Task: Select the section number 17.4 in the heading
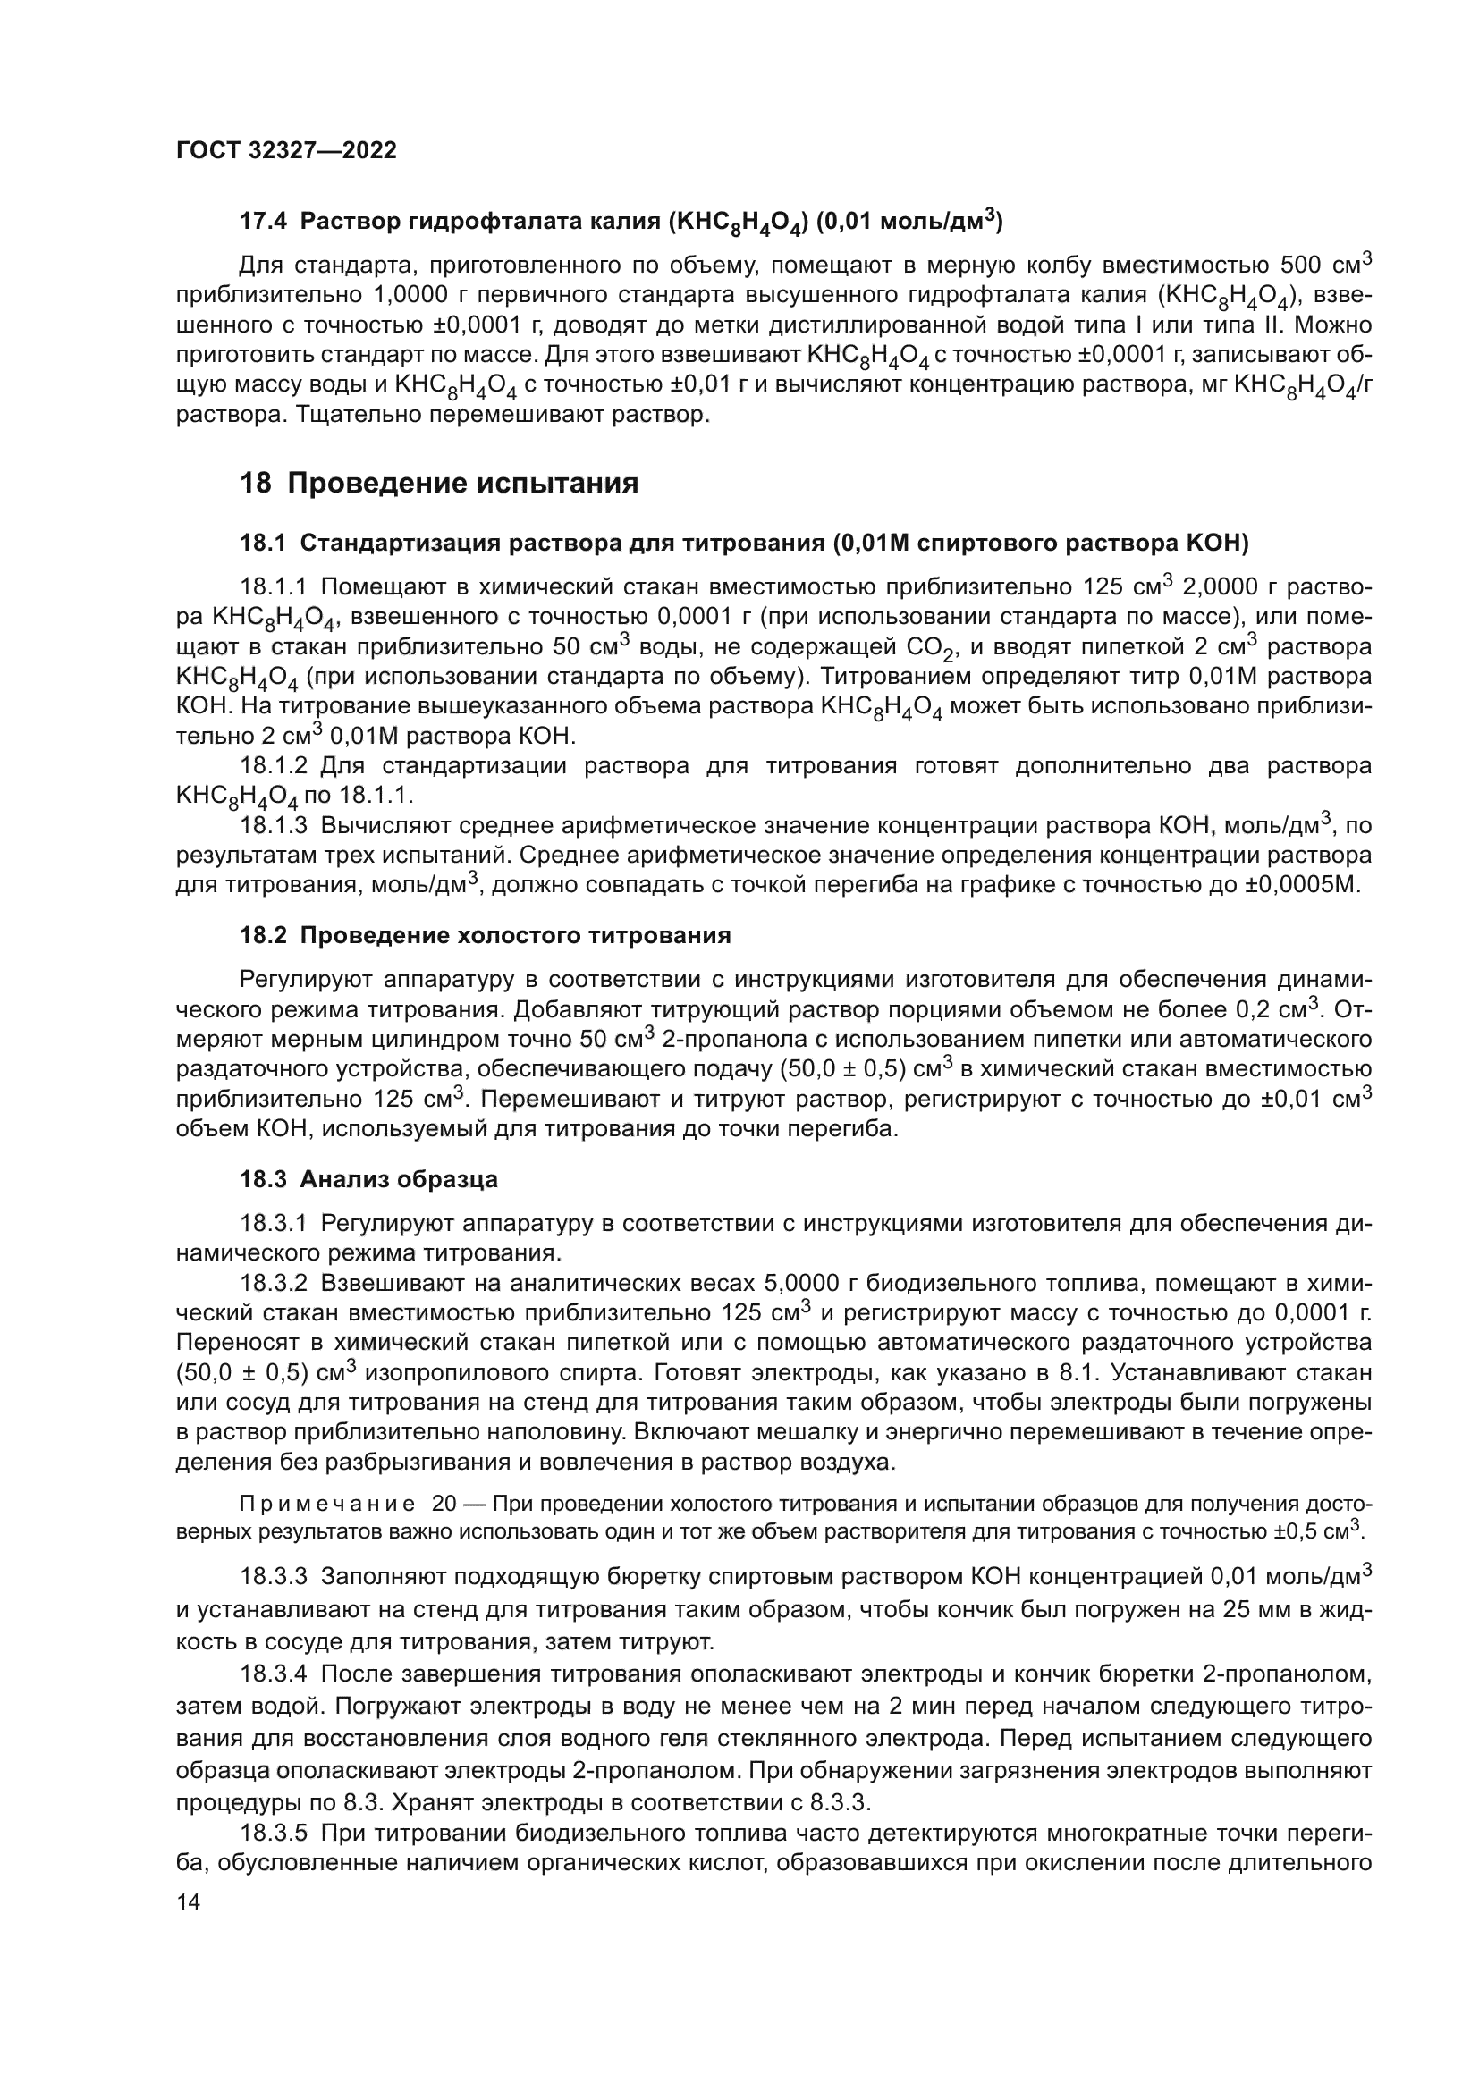pyautogui.click(x=264, y=222)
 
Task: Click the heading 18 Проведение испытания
pyautogui.click(x=439, y=483)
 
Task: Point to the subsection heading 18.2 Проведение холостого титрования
pyautogui.click(x=485, y=935)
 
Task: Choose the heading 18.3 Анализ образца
pyautogui.click(x=368, y=1179)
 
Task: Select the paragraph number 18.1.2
pyautogui.click(x=274, y=765)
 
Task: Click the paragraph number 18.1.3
pyautogui.click(x=274, y=826)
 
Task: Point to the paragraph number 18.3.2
pyautogui.click(x=274, y=1284)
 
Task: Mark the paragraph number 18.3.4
pyautogui.click(x=274, y=1674)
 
